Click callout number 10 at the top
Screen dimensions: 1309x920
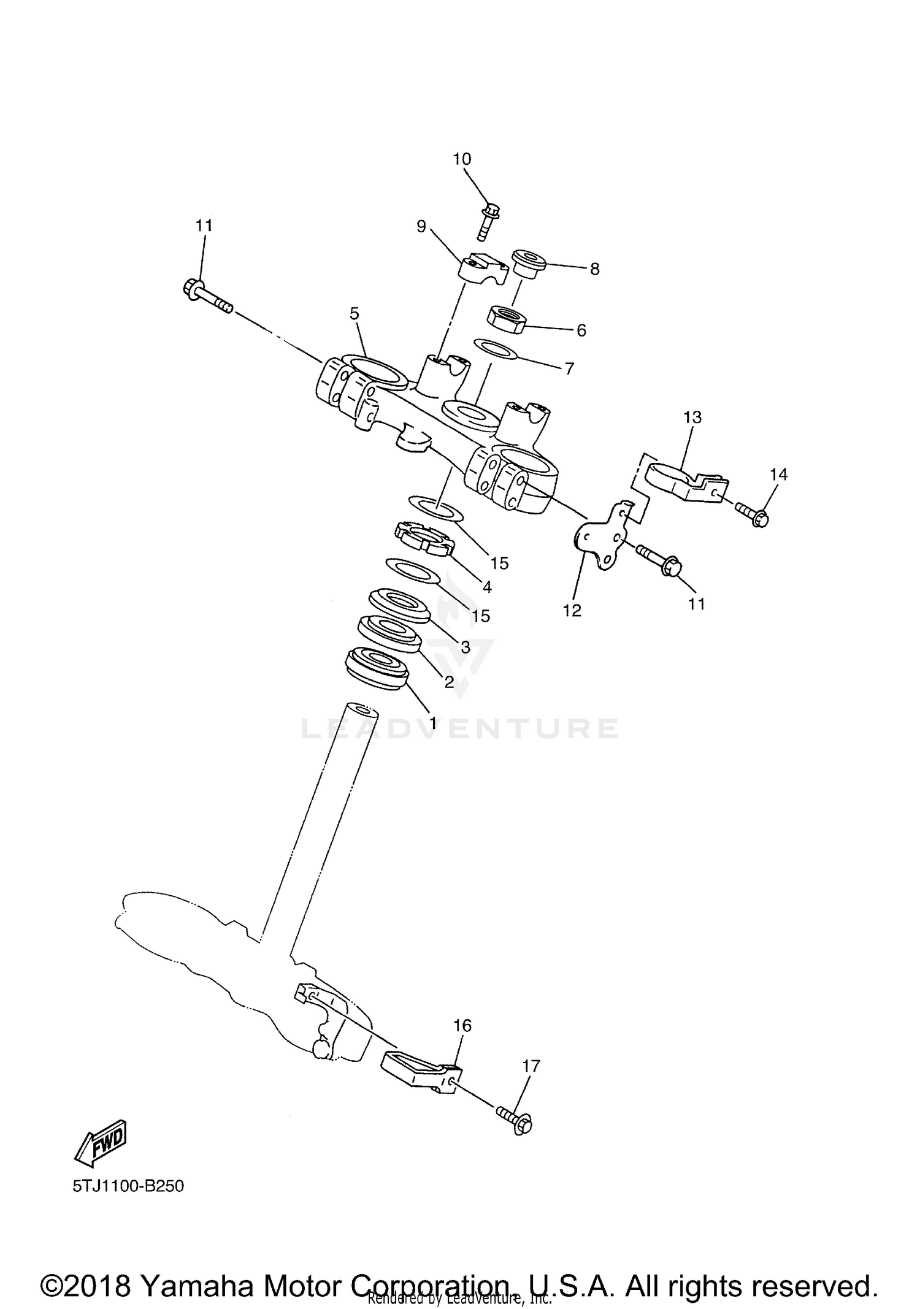(x=462, y=159)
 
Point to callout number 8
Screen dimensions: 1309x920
(x=594, y=269)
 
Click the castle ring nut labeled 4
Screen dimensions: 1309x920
(x=424, y=537)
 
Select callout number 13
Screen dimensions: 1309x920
(x=692, y=418)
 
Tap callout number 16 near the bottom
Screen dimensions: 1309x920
(x=462, y=1025)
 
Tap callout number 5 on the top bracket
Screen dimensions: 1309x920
(x=355, y=314)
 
